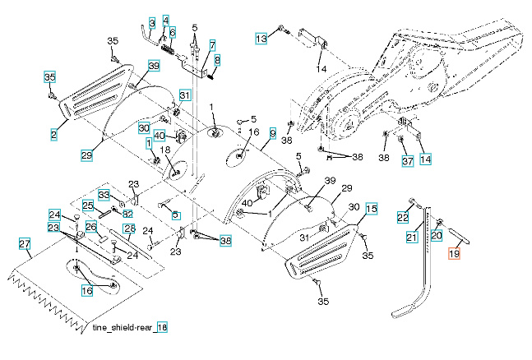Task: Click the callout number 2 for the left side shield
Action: point(53,132)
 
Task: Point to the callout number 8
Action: point(217,60)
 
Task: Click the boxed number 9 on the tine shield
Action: point(272,132)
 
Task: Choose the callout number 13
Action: point(261,39)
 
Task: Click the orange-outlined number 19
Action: point(455,255)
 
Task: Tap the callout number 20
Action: point(437,234)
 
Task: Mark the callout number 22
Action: point(402,217)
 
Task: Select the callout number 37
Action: point(406,160)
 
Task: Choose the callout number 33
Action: point(104,195)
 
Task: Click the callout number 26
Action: point(91,226)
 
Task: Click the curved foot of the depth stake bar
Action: point(405,311)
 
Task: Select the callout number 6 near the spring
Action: point(173,32)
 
